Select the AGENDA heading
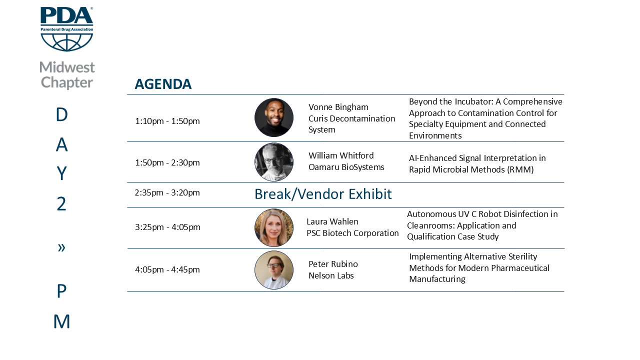click(163, 84)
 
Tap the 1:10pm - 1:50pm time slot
click(167, 121)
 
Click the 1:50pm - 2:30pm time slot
click(167, 162)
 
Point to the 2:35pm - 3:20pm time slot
click(167, 192)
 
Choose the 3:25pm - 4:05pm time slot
click(167, 227)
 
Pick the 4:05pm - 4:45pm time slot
click(167, 269)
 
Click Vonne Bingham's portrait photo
click(274, 117)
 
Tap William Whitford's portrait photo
click(274, 162)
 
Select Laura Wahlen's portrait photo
click(274, 227)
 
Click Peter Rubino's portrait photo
click(274, 270)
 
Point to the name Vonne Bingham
click(338, 107)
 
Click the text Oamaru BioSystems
click(346, 167)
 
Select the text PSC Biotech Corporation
click(352, 233)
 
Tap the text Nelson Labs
click(331, 275)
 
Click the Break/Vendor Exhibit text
click(323, 194)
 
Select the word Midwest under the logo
click(67, 67)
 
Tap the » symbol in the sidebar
click(61, 247)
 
